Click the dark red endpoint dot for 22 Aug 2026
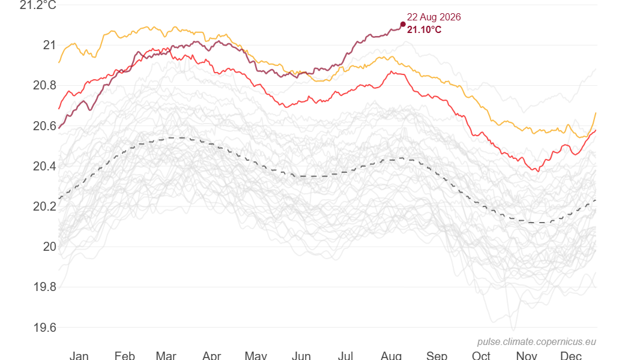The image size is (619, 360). (x=403, y=25)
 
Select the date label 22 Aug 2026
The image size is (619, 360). (x=433, y=17)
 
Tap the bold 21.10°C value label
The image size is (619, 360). (x=424, y=29)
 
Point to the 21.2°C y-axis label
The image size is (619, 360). (x=38, y=5)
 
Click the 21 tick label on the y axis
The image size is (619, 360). (x=49, y=45)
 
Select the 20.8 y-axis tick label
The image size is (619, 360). (x=44, y=85)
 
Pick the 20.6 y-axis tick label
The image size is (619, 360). (x=44, y=126)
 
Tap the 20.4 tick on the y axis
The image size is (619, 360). (x=44, y=166)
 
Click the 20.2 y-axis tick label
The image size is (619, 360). (x=44, y=206)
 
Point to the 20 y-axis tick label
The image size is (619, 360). (x=49, y=247)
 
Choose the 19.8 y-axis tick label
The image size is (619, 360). (x=44, y=287)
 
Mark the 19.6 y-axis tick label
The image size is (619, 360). (x=44, y=327)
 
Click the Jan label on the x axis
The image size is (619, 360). (x=79, y=355)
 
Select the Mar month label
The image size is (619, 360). (x=166, y=355)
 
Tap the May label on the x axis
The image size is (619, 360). (x=256, y=355)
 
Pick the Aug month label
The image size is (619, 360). (x=391, y=355)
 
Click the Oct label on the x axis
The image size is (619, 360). (x=481, y=355)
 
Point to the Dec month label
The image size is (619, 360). (x=571, y=355)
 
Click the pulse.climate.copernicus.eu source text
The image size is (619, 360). (x=537, y=342)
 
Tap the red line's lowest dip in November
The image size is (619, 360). (x=538, y=171)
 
